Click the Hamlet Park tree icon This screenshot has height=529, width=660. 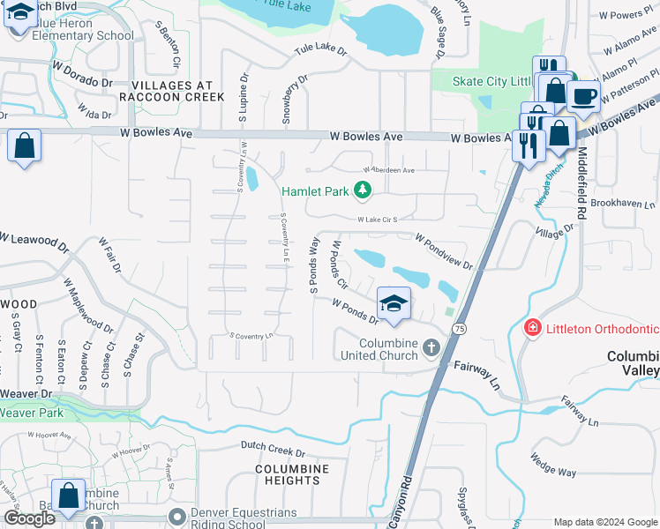click(x=361, y=190)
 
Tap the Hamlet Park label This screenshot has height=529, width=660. click(x=316, y=190)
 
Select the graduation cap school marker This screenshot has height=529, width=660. click(x=394, y=304)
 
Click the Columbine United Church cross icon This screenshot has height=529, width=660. click(x=431, y=347)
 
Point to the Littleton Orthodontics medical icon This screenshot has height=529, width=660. click(x=532, y=328)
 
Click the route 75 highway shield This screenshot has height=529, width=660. click(x=458, y=328)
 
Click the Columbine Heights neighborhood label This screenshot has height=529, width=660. click(x=291, y=474)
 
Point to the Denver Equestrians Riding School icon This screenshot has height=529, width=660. click(x=178, y=516)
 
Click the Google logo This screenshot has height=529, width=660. click(x=29, y=518)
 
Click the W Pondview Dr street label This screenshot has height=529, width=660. click(x=444, y=252)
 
